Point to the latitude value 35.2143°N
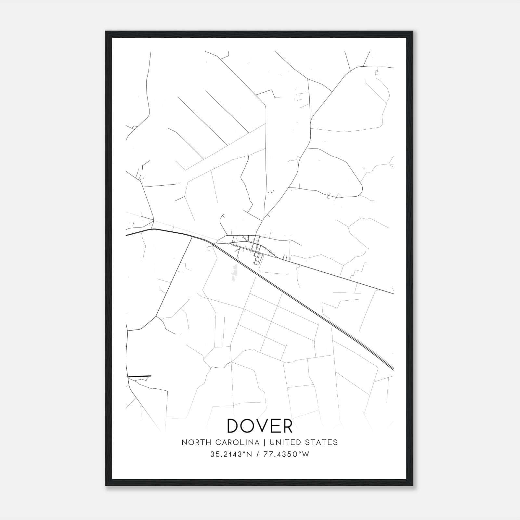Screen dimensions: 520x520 (231, 454)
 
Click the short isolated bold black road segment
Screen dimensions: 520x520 (139, 376)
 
